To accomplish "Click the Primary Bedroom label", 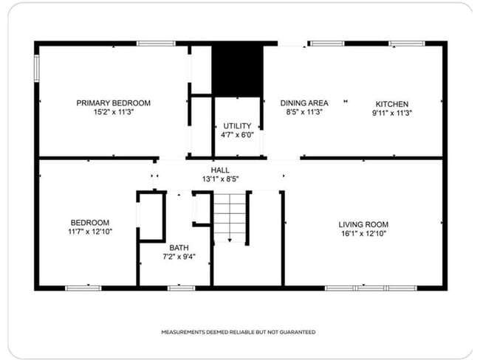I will tap(113, 103).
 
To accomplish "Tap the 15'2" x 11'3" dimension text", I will tap(113, 112).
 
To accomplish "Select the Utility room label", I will tap(236, 126).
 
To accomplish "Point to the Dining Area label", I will tap(304, 103).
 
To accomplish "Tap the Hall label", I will tap(220, 170).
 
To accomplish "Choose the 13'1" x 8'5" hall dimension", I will tap(220, 179).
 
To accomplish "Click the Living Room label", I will tap(363, 224).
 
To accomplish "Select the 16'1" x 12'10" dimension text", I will tap(363, 233).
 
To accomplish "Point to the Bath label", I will tap(179, 248).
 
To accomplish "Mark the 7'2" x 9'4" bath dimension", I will tap(179, 257).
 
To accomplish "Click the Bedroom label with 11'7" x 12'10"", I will tap(90, 223).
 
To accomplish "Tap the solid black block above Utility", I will tap(237, 69).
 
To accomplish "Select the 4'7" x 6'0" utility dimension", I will tap(236, 135).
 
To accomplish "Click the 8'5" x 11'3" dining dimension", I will tap(304, 112).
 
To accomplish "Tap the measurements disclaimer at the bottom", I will tap(239, 332).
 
